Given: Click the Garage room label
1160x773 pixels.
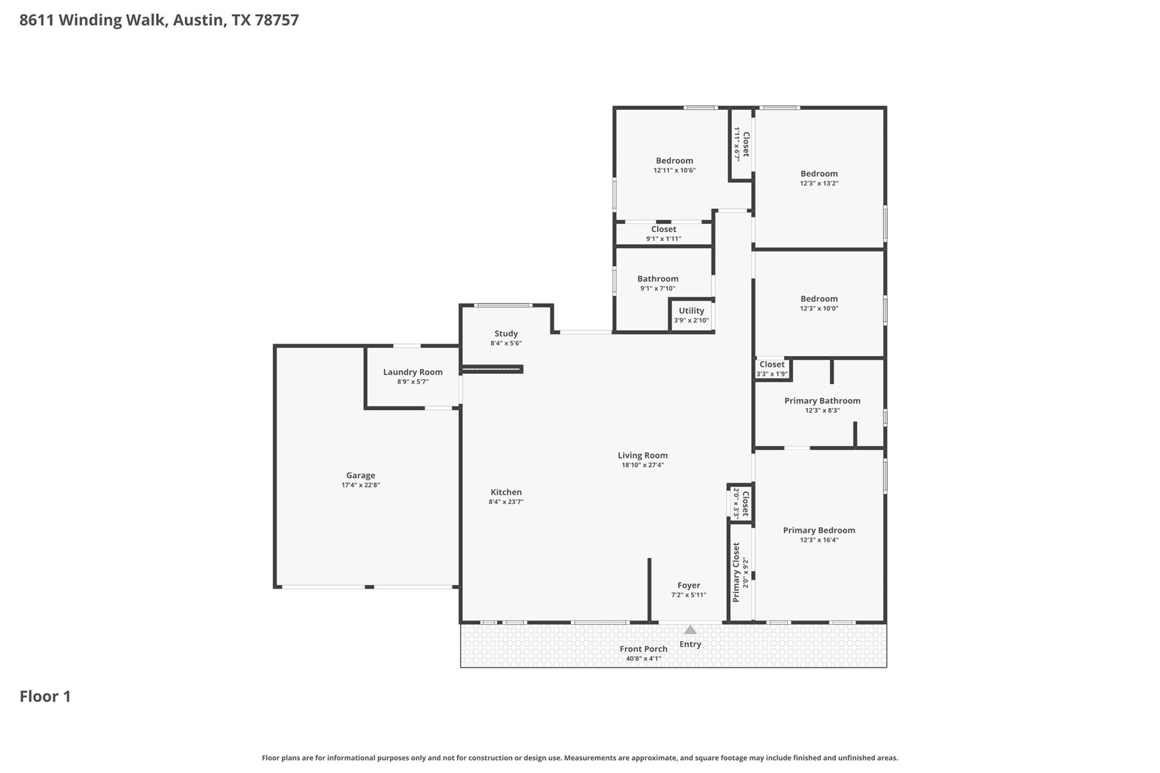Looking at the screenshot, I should point(360,476).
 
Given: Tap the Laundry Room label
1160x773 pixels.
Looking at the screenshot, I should point(412,372).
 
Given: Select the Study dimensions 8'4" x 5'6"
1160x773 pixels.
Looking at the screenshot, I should point(506,343).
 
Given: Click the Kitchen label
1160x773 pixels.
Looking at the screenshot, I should point(506,492).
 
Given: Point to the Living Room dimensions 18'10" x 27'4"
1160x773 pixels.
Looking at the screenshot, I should point(642,465).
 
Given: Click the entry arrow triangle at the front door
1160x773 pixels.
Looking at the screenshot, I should point(690,630).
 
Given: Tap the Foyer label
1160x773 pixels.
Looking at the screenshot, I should point(689,585).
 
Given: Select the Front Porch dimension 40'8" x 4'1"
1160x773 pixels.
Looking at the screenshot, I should point(643,659).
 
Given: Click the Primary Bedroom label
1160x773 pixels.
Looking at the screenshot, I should point(818,530).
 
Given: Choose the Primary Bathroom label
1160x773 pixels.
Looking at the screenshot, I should point(822,400).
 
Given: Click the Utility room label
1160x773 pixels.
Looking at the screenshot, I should point(691,310).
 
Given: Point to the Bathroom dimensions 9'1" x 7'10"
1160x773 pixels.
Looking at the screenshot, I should point(658,288).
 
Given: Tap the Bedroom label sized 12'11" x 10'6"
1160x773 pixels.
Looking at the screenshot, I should point(674,160).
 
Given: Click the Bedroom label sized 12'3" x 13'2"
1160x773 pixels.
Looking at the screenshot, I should point(818,173).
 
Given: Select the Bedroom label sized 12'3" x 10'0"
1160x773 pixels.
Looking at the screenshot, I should point(818,298).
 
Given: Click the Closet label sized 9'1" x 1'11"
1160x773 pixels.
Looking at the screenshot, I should point(663,229).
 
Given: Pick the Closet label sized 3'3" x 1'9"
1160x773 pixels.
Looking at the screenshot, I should point(771,364).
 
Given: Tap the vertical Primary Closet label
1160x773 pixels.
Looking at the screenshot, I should point(736,572).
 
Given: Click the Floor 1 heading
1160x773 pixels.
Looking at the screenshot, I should point(45,696).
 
